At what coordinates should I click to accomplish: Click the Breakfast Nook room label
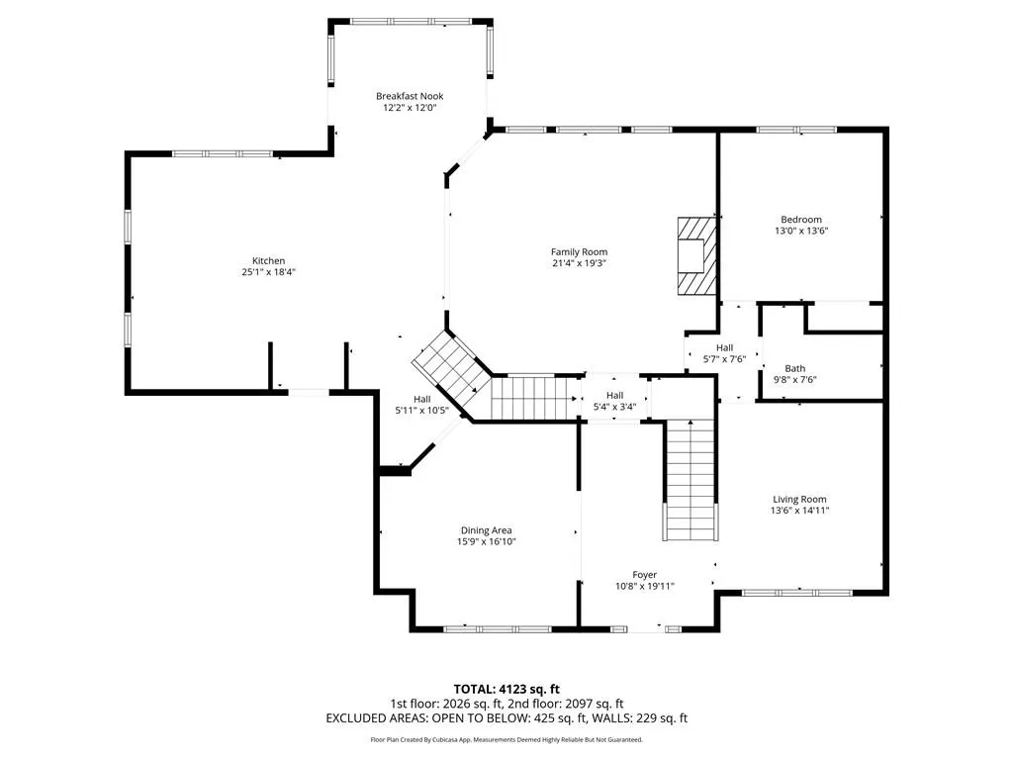(410, 96)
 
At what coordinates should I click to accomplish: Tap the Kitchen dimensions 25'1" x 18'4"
(269, 272)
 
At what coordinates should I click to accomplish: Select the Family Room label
(579, 252)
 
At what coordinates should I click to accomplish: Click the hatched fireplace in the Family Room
(696, 256)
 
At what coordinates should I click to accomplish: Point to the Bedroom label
(801, 220)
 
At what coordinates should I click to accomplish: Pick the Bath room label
(794, 369)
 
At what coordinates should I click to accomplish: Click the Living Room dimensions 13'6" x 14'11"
(799, 511)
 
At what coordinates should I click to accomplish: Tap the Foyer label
(645, 575)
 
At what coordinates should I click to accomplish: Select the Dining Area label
(486, 530)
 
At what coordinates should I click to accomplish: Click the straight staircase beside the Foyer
(691, 480)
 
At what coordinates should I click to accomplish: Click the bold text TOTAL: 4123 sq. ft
(506, 690)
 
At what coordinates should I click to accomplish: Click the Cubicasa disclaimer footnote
(506, 740)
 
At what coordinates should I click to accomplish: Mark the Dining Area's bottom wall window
(498, 628)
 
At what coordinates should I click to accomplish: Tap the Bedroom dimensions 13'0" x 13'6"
(801, 231)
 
